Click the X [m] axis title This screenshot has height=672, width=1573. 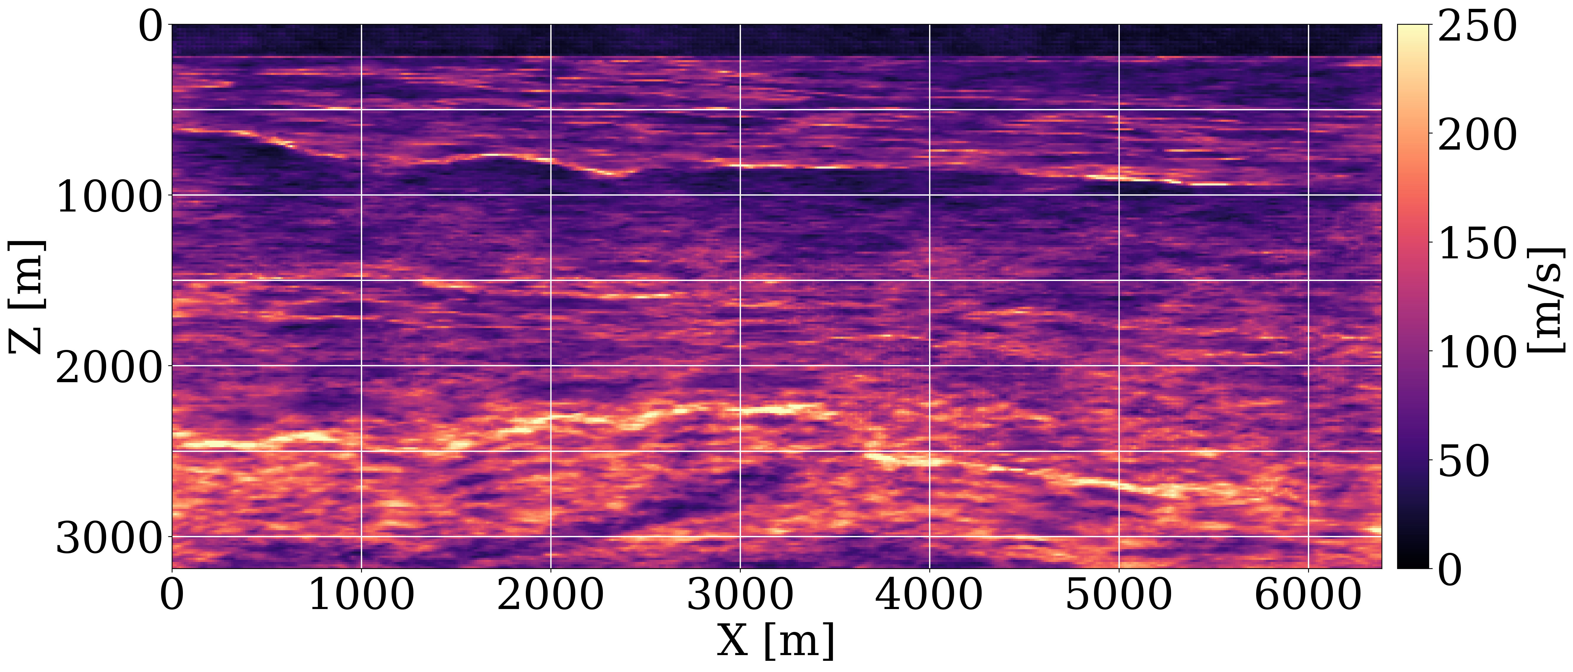coord(776,641)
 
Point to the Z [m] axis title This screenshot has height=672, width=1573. coord(26,297)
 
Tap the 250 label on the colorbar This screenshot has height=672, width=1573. coord(1478,27)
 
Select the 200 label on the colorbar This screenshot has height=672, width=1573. coord(1478,135)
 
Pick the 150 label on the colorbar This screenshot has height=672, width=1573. coord(1478,244)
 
